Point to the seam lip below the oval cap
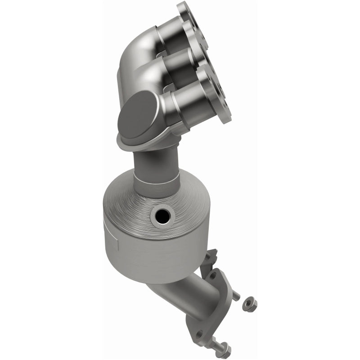pyautogui.click(x=135, y=144)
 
